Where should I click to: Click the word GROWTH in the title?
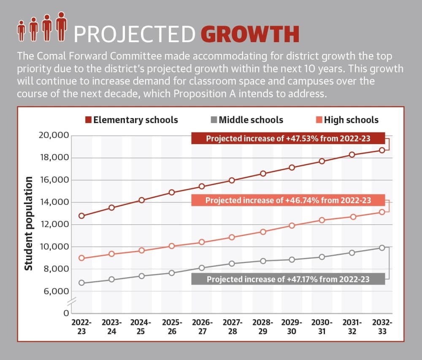coord(250,34)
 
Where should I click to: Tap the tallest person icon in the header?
coord(61,27)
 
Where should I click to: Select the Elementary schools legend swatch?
coord(88,120)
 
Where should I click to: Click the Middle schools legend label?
coord(251,120)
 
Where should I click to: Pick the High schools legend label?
coord(351,120)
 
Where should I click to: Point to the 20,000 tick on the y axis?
coord(54,135)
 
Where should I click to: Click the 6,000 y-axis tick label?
coord(56,291)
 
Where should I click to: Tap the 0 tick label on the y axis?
coord(66,313)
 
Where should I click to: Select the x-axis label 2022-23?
coord(81,327)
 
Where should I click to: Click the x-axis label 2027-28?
coord(233,327)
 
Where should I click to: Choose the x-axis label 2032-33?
coord(382,327)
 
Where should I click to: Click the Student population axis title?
coord(29,223)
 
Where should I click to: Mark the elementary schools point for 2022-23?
coord(81,216)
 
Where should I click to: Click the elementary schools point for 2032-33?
coord(382,150)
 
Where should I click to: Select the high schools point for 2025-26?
coord(172,246)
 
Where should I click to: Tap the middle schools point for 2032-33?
coord(382,248)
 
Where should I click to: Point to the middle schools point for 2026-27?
coord(202,268)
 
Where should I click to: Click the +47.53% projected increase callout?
coord(288,138)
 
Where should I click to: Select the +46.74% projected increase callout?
coord(288,200)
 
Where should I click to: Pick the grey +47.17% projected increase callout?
coord(288,279)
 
